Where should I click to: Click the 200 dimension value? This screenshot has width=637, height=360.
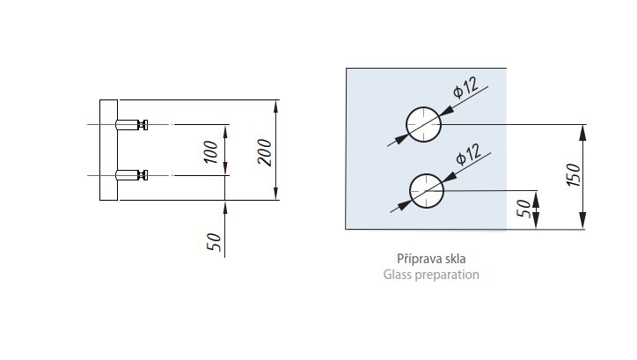pos(265,152)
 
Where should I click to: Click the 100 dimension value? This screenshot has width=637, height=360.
pos(211,152)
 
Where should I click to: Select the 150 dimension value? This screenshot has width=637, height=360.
pos(574,174)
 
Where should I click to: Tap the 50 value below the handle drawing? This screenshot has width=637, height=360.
pos(214,242)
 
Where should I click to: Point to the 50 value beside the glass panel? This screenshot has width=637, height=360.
pos(524,209)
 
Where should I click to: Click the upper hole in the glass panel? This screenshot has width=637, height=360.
pos(424,124)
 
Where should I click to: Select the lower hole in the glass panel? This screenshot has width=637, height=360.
pos(427,191)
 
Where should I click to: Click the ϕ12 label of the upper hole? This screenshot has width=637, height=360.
pos(465,87)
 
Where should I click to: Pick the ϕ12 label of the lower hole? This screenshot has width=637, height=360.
pos(469,154)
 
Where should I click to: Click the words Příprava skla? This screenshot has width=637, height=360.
pos(431,259)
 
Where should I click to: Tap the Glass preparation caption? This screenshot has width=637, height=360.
pos(431,275)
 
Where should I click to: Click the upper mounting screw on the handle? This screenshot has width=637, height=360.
pos(132,124)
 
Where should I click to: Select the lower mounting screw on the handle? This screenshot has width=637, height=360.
pos(132,175)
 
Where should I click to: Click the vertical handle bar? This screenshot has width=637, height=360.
pos(109,150)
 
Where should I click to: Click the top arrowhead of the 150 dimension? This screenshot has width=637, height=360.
pos(583,132)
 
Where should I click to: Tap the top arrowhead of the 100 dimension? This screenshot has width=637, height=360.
pos(226,131)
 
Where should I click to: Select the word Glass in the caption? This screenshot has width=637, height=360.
pos(397,275)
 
